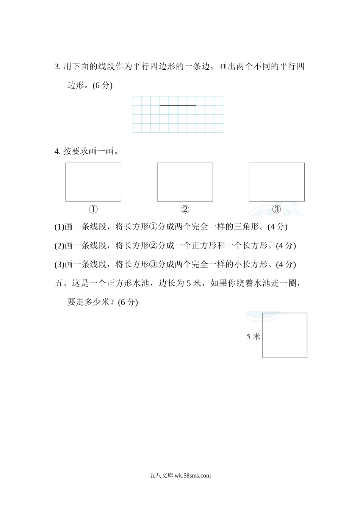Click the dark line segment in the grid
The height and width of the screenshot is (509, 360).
(x=178, y=105)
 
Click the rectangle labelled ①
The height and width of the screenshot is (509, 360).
(x=93, y=182)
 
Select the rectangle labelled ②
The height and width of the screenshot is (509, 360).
(x=185, y=182)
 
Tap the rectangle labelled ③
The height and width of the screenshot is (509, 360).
(x=277, y=182)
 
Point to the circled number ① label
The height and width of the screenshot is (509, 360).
(x=93, y=209)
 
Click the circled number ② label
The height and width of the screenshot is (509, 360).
(x=185, y=209)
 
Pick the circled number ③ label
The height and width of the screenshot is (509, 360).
(x=277, y=209)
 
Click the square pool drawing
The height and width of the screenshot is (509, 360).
(x=285, y=335)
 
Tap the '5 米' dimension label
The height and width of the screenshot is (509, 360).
(x=253, y=336)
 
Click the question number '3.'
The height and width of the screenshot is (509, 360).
(x=58, y=67)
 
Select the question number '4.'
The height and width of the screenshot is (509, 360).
(x=58, y=151)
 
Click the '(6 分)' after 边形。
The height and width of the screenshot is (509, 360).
(x=102, y=85)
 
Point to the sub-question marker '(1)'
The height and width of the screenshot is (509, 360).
(x=59, y=227)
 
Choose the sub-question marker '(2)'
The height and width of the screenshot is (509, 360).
(x=59, y=245)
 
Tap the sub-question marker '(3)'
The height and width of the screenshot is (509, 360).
(x=59, y=264)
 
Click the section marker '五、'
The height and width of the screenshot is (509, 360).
(x=61, y=283)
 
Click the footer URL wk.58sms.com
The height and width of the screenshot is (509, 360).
(x=193, y=476)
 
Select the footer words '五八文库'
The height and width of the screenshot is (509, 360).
(x=161, y=476)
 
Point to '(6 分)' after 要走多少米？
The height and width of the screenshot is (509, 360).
(x=128, y=302)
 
